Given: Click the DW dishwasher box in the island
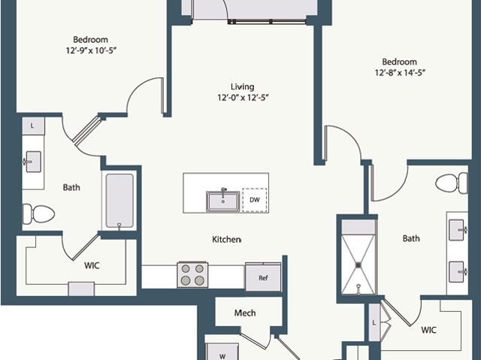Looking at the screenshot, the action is pos(255,200).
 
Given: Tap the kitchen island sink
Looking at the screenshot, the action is pos(223,201).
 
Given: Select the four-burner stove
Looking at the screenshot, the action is pos(192,274).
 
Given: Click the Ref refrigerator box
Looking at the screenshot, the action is pos(263,277).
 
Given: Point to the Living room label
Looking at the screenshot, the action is pos(242,86).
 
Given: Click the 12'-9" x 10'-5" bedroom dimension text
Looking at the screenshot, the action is pos(91,50).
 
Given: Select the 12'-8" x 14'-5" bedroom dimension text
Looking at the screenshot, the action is pos(400,73).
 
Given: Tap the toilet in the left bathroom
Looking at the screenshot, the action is pos(38,213).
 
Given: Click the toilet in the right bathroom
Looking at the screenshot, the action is pos(452,183).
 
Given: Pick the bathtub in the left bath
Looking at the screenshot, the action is pos(119,201).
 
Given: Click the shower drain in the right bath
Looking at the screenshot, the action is pos(358,265).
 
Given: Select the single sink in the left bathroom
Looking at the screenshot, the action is pos(33,162).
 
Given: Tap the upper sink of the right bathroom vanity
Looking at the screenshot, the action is pos(457,230).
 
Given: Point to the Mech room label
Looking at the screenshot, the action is pos(245,313).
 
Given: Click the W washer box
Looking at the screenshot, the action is pos(222,352).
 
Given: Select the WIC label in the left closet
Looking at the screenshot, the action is pos(92,265).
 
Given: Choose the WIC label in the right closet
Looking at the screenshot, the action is pos(428,330).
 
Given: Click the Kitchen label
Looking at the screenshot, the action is pos(226,239).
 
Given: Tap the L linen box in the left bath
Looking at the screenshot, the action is pos(33,126).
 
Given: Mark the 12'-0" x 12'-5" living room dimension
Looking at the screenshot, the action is pos(244,98).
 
